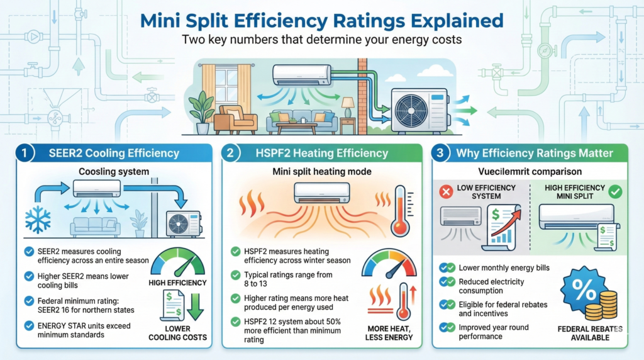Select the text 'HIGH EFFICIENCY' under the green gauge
tap(178, 283)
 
